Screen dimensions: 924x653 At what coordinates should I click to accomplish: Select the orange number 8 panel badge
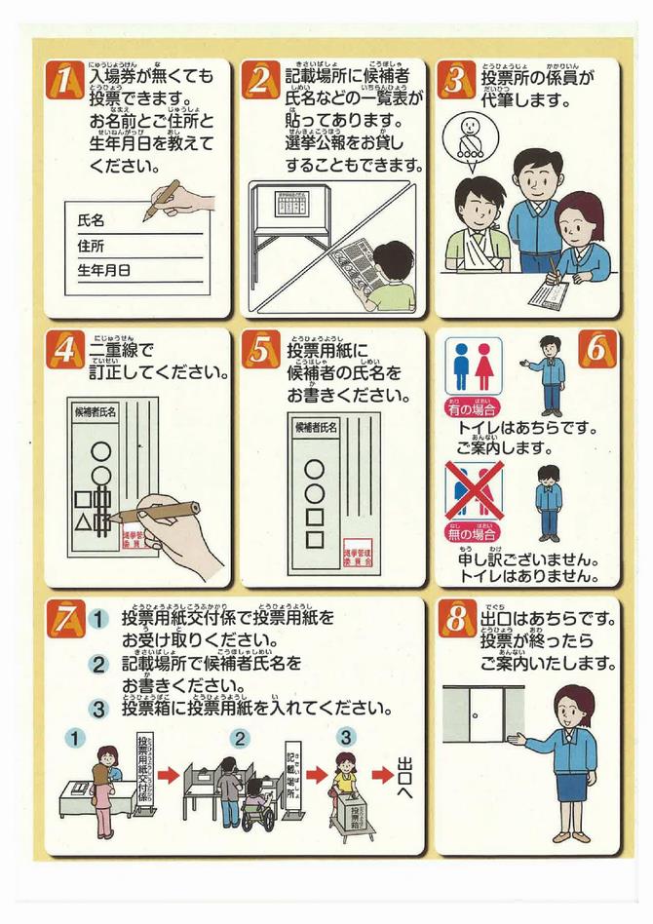(x=457, y=620)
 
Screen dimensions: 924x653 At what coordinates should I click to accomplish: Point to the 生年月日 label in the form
(x=103, y=269)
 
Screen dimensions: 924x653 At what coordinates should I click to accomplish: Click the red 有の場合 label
(x=473, y=407)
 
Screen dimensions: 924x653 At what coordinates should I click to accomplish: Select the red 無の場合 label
(x=473, y=532)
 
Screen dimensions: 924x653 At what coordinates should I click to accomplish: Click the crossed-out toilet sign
(x=474, y=491)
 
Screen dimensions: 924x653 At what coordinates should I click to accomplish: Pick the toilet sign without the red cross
(x=474, y=366)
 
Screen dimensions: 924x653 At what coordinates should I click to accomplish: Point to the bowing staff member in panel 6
(x=549, y=502)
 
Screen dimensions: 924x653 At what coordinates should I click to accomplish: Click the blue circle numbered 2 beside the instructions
(x=98, y=665)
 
